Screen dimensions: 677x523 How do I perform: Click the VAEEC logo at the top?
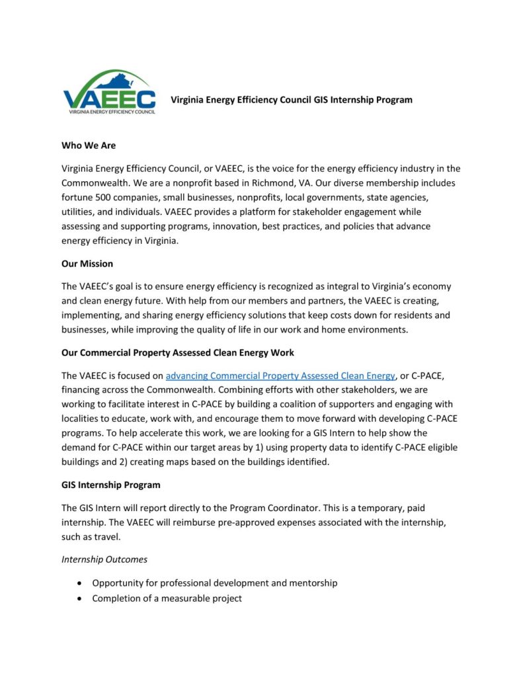click(x=110, y=93)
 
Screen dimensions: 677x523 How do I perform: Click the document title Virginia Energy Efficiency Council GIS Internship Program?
click(x=292, y=100)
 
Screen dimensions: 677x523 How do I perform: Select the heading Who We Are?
click(x=89, y=145)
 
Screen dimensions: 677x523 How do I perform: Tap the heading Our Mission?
click(x=87, y=264)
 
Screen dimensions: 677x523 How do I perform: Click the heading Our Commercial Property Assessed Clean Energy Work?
click(x=178, y=352)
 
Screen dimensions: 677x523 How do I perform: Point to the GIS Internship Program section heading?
click(x=111, y=485)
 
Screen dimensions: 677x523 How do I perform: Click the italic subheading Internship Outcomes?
click(x=104, y=559)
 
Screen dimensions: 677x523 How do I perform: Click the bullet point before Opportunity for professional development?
click(x=80, y=583)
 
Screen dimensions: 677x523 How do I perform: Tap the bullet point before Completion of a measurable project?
click(x=80, y=598)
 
